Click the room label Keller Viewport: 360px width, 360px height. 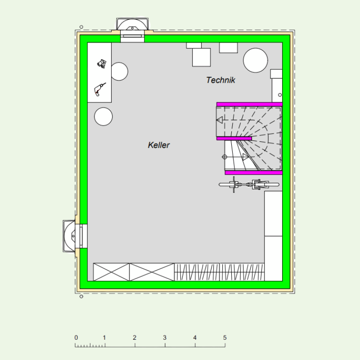click(159, 145)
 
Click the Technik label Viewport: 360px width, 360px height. click(220, 80)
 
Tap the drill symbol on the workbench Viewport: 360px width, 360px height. click(100, 89)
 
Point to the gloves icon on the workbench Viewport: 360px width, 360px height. click(102, 64)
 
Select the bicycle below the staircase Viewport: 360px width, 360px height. click(249, 184)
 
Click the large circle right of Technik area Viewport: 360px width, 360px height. click(255, 60)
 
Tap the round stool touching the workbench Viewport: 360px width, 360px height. click(119, 72)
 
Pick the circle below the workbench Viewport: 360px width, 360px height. click(103, 117)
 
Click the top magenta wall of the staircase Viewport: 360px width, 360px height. click(249, 104)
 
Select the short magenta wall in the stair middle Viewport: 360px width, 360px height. click(234, 139)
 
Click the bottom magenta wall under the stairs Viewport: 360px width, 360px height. click(253, 173)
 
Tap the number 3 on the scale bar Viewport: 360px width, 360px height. click(165, 338)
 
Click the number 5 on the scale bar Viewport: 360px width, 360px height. click(225, 338)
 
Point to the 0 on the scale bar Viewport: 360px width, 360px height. click(76, 338)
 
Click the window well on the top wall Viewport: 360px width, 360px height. click(132, 24)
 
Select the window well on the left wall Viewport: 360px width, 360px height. click(69, 236)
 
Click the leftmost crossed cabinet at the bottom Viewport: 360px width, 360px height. click(111, 272)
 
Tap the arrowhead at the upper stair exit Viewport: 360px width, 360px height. click(220, 120)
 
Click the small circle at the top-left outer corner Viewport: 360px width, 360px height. click(81, 27)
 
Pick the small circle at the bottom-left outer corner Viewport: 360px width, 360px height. click(81, 297)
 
